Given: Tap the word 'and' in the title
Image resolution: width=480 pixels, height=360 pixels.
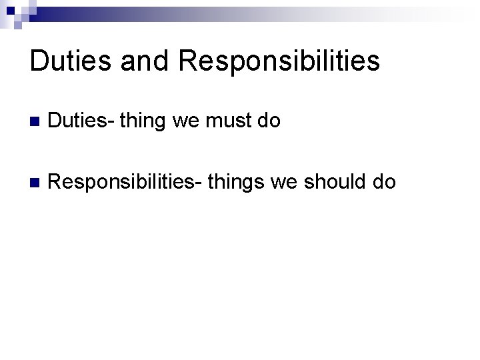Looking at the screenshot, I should [142, 61].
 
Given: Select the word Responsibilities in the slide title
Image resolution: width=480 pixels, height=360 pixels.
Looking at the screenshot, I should [279, 61].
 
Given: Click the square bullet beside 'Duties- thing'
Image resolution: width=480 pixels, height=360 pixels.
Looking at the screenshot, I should [35, 122].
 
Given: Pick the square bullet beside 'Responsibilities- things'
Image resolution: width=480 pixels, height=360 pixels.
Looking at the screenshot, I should [35, 181].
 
